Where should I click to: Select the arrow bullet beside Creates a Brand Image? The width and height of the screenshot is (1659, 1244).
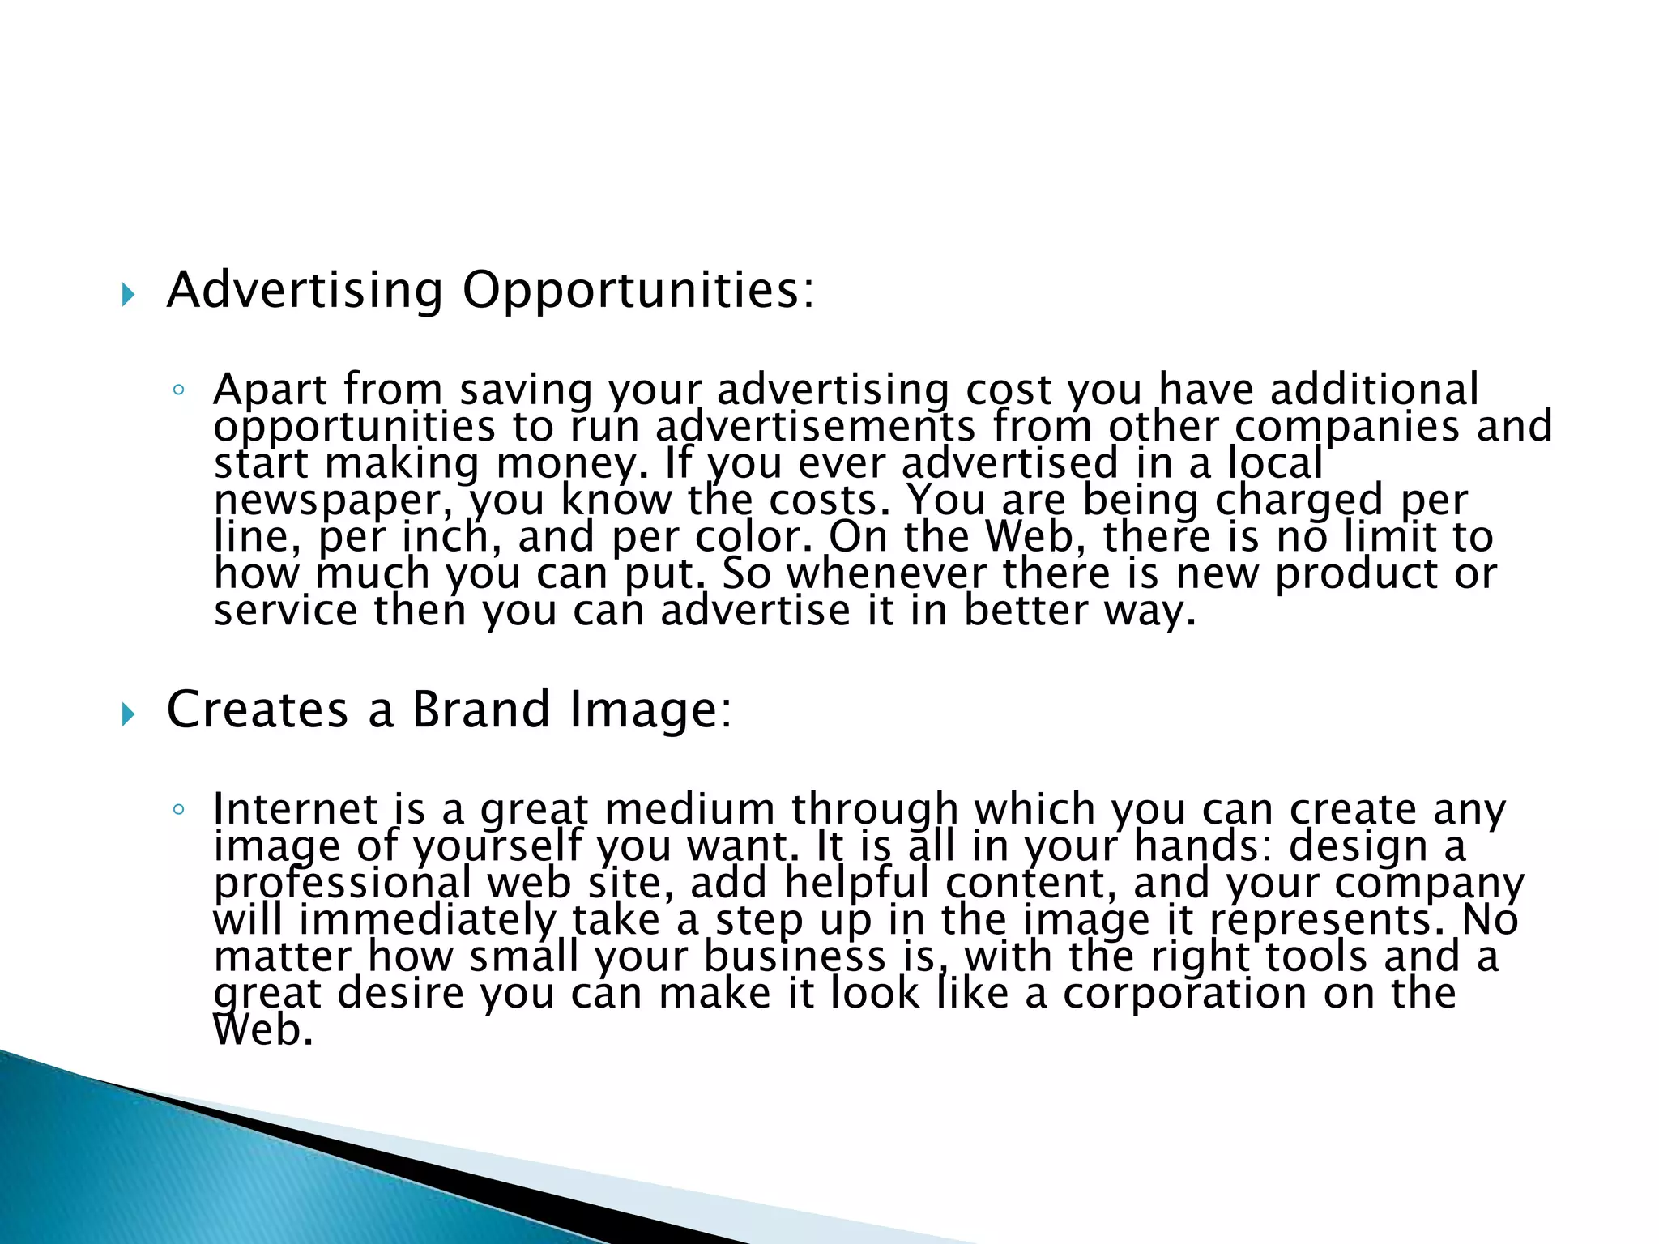(127, 714)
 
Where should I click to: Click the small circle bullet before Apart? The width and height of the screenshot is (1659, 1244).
(178, 391)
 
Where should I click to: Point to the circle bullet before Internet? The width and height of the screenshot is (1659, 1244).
(178, 810)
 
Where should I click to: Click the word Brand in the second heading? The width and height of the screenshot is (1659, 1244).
(481, 709)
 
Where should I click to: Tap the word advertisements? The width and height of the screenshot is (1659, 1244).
(815, 427)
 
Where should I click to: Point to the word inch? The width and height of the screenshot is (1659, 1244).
(446, 537)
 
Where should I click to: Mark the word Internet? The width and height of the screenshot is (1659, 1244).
(296, 809)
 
